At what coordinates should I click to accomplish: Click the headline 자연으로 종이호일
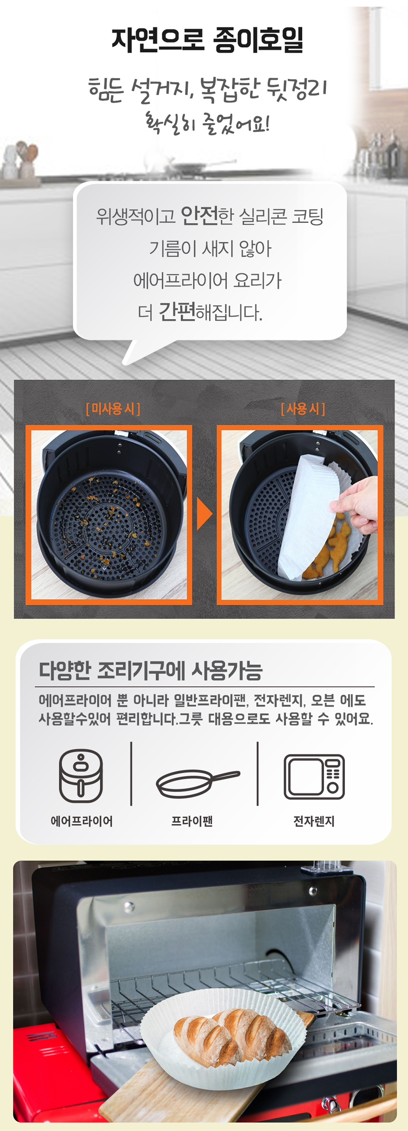207,40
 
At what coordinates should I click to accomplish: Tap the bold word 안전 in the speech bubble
199,216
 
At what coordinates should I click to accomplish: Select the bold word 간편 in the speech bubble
176,312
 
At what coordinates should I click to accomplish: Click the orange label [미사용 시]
113,408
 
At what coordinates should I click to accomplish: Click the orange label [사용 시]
303,408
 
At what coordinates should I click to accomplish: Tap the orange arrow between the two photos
204,514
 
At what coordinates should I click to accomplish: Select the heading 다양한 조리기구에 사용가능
150,670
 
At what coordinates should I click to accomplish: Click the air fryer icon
81,775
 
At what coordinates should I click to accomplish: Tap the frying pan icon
198,783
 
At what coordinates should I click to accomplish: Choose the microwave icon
314,776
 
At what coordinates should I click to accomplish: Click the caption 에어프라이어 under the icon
82,821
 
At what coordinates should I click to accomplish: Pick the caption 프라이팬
192,821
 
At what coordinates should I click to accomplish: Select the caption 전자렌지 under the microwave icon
314,821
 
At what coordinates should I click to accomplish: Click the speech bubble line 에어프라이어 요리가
207,280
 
